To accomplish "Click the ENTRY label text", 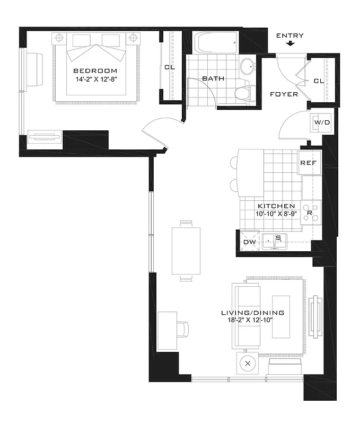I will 290,36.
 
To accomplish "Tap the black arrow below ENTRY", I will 289,44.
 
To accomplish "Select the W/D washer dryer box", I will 322,122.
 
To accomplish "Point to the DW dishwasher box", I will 249,242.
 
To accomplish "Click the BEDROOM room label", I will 95,70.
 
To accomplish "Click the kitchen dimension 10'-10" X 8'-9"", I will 276,214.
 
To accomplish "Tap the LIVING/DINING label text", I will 252,313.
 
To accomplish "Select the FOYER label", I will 284,94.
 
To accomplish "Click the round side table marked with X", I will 247,365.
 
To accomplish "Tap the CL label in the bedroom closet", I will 169,67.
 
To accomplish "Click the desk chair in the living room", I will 182,329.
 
